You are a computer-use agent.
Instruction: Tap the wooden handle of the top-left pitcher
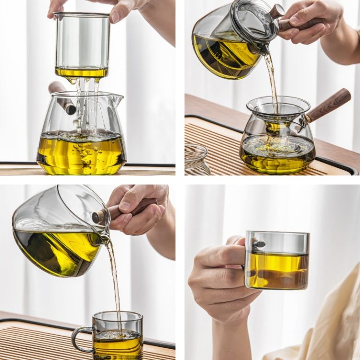pyautogui.click(x=62, y=97)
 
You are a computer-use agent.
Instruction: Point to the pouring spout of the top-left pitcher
pyautogui.click(x=117, y=100)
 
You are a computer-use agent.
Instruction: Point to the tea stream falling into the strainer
pyautogui.click(x=271, y=80)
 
